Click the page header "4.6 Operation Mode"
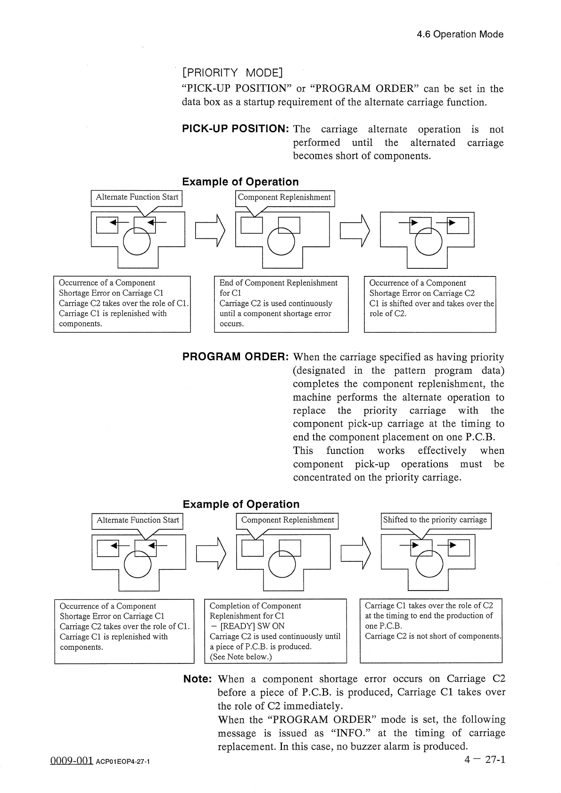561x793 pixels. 460,34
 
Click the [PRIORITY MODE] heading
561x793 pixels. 232,73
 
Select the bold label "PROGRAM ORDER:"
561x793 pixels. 235,357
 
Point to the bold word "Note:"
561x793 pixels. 198,679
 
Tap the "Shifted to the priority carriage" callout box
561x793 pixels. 436,520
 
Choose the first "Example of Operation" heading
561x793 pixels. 240,182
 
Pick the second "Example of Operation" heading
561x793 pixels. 241,504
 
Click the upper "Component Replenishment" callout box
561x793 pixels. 285,198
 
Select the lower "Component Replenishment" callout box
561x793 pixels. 287,520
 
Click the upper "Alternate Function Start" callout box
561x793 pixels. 137,198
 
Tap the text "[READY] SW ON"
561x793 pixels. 247,626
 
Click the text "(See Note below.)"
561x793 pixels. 241,657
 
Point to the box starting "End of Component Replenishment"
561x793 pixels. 281,304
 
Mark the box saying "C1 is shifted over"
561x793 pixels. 430,304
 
